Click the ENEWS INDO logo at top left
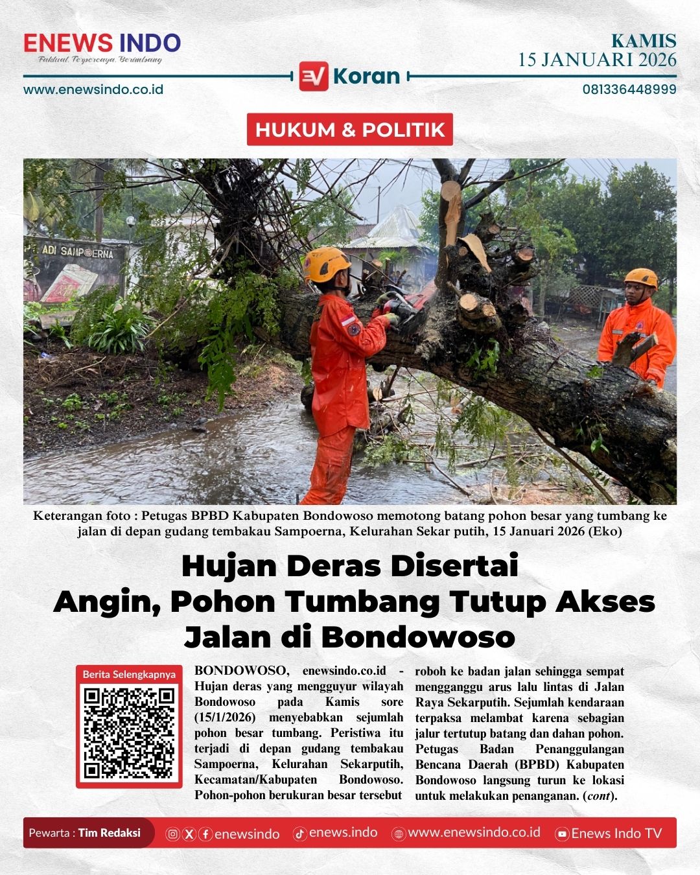[x=102, y=43]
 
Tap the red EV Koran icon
[x=314, y=76]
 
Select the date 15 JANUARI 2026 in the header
[x=597, y=60]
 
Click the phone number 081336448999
[x=629, y=89]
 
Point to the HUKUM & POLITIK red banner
[x=350, y=130]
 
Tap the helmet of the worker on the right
[x=640, y=278]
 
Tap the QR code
[x=129, y=732]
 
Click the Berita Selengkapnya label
[x=129, y=674]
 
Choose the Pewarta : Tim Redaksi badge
[x=86, y=833]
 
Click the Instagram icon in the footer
[x=172, y=834]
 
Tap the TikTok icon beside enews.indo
[x=300, y=834]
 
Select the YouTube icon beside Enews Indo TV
[x=563, y=834]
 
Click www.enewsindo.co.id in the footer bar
[x=474, y=833]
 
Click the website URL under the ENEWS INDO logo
[x=93, y=89]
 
